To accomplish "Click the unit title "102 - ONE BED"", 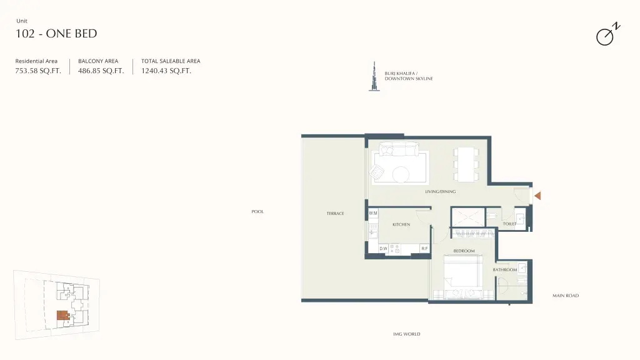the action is click(56, 34).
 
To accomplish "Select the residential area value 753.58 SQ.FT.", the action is click(38, 71).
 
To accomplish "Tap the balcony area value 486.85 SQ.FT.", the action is click(101, 71).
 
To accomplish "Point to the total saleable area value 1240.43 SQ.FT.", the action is click(166, 71).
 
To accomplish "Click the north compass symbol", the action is click(607, 34).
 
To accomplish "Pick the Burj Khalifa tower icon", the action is click(374, 76).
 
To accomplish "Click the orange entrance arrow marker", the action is click(537, 196).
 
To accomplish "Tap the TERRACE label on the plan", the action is click(335, 214).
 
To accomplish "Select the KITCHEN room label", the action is click(401, 224).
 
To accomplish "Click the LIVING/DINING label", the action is click(441, 191).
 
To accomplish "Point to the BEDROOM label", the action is click(464, 251).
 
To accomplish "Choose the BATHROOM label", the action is click(505, 270).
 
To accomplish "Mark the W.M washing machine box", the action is click(373, 214).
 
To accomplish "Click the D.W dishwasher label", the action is click(383, 249).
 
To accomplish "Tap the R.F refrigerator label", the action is click(424, 249).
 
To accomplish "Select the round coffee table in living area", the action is click(401, 175).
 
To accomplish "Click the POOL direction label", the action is click(257, 211).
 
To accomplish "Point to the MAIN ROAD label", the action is click(566, 296).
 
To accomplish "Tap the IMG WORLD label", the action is click(406, 334).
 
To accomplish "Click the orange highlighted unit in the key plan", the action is click(62, 315).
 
